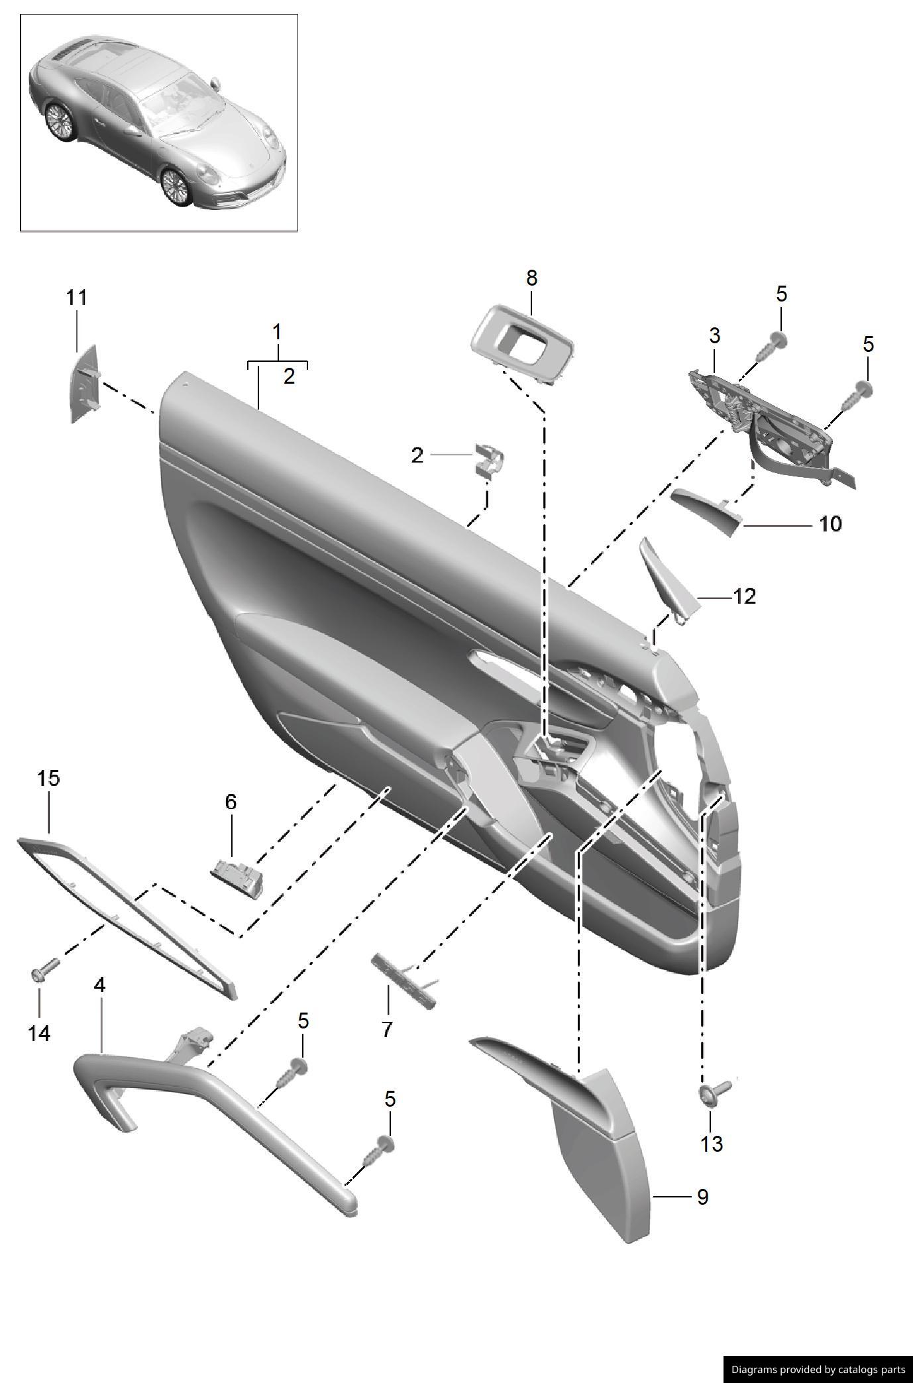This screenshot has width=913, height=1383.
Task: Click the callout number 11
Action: [x=77, y=298]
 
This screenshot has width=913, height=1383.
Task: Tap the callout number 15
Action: [x=48, y=778]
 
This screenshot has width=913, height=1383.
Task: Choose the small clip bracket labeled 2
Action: [x=488, y=459]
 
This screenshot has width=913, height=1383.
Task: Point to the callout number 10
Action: [x=830, y=524]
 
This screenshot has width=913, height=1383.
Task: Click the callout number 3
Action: [x=714, y=336]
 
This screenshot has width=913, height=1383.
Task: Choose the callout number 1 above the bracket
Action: [x=277, y=331]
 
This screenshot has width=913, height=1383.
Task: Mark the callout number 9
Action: [x=702, y=1197]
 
